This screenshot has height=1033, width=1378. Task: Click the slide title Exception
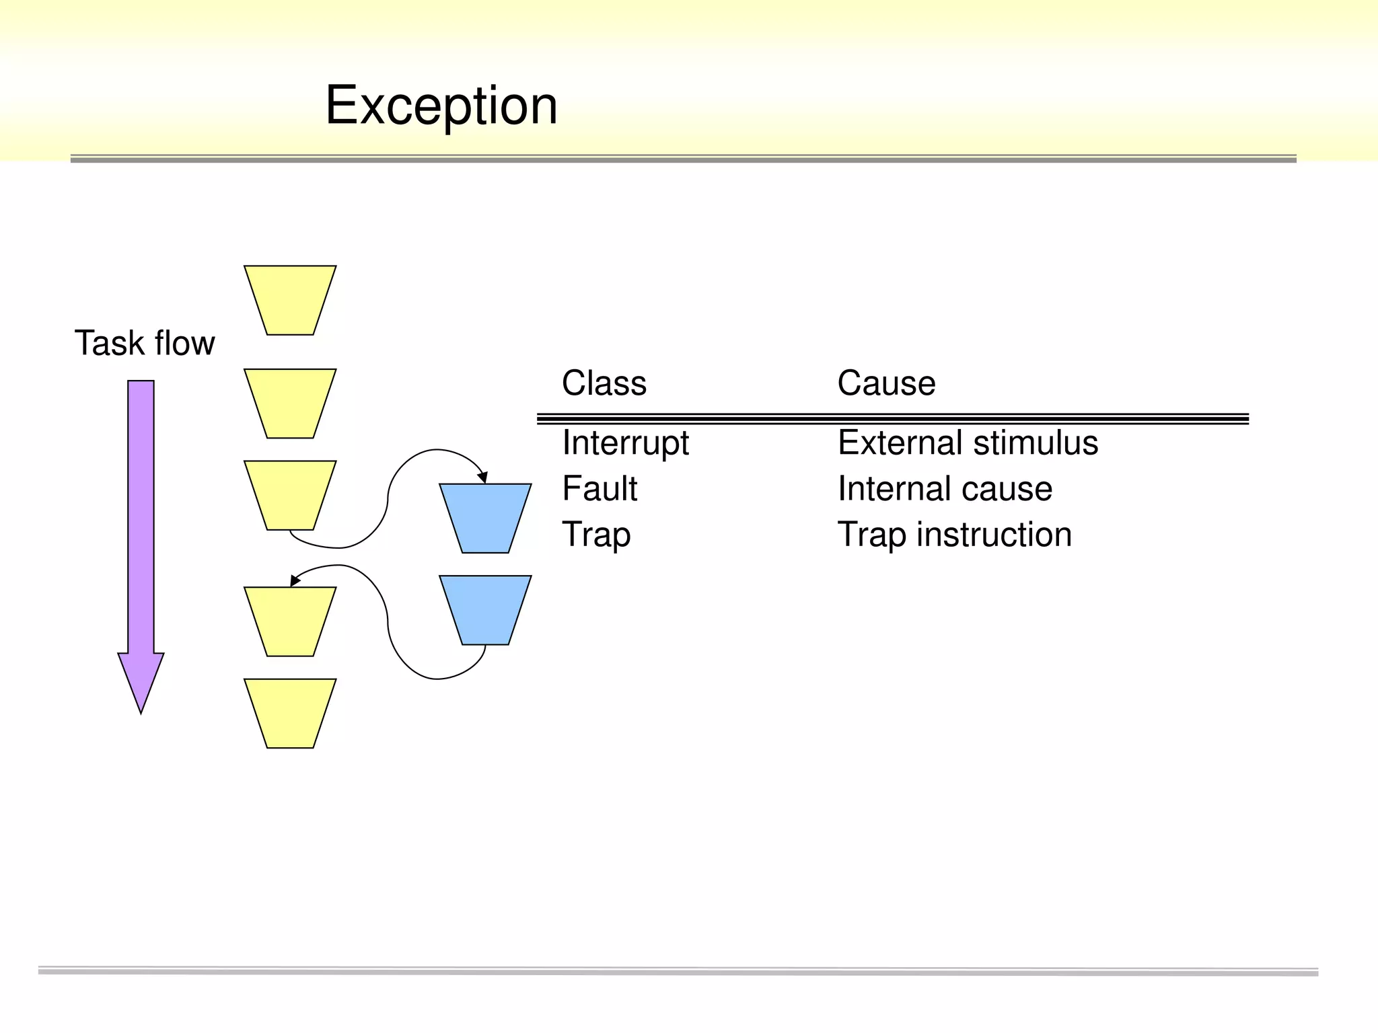(x=441, y=106)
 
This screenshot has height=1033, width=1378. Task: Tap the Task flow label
(x=144, y=343)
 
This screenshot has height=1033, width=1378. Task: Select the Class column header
(x=604, y=383)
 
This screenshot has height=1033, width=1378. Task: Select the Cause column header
(x=885, y=383)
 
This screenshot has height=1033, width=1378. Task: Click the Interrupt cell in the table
(x=625, y=443)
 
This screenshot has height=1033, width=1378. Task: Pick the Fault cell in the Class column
(x=599, y=488)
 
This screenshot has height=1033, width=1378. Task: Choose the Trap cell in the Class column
(x=596, y=535)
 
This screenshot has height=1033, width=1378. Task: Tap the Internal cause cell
(x=944, y=488)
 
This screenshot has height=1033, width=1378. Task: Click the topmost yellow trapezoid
(x=290, y=300)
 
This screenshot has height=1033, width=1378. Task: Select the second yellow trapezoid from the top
(x=290, y=404)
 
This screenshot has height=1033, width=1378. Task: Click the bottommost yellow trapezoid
(x=290, y=713)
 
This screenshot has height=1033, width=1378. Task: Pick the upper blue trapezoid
(x=485, y=518)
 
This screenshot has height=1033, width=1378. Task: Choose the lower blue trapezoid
(x=485, y=609)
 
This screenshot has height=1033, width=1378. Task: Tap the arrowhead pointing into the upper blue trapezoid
(x=482, y=477)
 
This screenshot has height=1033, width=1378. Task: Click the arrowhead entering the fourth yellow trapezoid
(x=295, y=580)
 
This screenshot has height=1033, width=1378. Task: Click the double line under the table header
(x=892, y=419)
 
